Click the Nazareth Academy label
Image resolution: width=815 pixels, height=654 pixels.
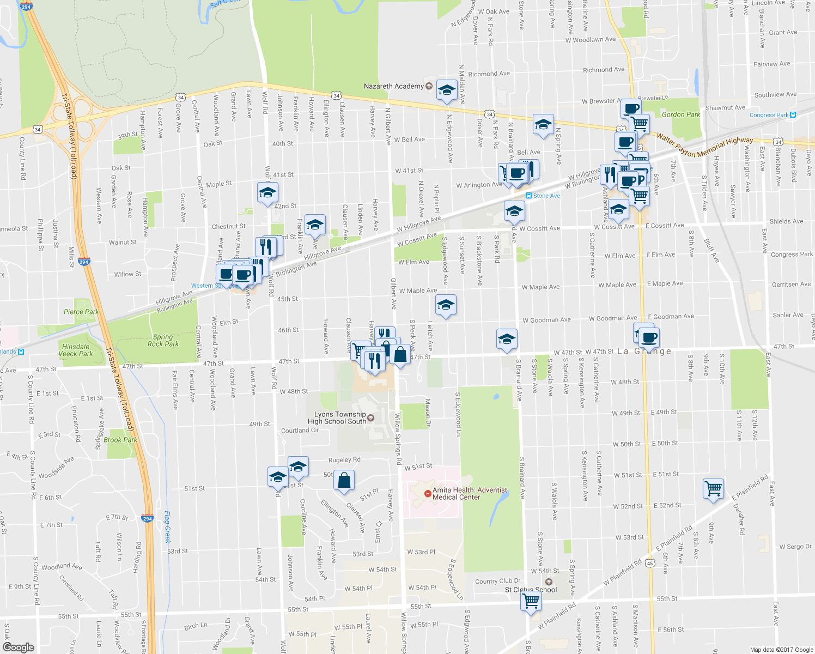point(393,86)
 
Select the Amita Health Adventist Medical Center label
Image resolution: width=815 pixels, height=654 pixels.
point(470,494)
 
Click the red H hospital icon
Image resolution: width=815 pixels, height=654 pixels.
point(428,494)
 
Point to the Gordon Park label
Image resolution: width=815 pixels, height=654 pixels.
point(680,114)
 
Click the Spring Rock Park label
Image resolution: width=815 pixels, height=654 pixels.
point(163,341)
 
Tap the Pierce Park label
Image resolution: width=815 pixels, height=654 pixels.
point(81,312)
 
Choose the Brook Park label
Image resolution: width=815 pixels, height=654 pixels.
point(120,440)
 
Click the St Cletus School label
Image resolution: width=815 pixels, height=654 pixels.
point(531,590)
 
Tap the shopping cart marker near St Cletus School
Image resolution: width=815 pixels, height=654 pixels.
point(530,601)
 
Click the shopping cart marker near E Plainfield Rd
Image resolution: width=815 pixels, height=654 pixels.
point(713,488)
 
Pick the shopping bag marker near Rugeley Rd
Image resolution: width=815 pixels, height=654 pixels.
point(344,481)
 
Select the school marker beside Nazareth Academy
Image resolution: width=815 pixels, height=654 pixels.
point(447,90)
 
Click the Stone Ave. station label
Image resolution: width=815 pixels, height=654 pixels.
point(546,196)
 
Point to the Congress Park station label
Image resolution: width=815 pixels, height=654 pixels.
point(769,115)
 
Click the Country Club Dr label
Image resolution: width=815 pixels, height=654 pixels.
point(497,581)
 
